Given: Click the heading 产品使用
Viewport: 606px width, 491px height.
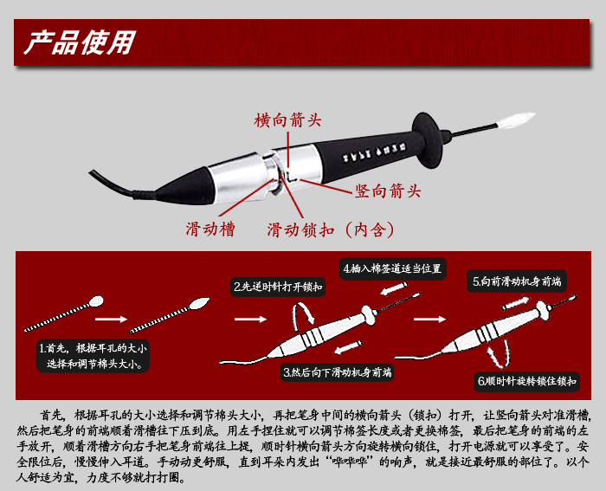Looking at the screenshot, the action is [x=80, y=42].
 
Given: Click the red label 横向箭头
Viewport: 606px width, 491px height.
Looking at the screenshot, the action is [x=288, y=120].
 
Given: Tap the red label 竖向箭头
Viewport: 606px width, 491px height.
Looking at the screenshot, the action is [x=388, y=191].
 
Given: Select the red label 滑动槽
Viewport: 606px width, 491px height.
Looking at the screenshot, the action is [x=210, y=229].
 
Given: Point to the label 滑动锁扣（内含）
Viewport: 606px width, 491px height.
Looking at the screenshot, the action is [x=331, y=230].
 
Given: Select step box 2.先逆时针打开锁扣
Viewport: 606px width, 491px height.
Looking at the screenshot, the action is [x=278, y=287].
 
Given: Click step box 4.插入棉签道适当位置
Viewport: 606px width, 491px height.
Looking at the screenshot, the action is [x=393, y=268].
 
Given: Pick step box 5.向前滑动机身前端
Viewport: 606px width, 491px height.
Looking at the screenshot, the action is [x=517, y=281].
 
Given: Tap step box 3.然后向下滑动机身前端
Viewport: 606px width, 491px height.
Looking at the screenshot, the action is [x=338, y=372].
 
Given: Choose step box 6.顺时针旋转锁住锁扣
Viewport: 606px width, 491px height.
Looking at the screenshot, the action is [x=526, y=381].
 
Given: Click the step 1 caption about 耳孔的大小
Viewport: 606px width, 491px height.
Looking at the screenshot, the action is [x=93, y=356].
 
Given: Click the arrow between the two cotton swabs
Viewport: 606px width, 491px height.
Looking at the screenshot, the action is [x=112, y=319].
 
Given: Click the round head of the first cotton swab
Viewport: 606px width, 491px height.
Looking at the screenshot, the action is [x=96, y=301].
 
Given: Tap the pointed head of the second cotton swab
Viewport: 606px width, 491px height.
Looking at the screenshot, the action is [x=200, y=303].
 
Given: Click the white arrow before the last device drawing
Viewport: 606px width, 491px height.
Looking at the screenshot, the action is [x=429, y=319].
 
